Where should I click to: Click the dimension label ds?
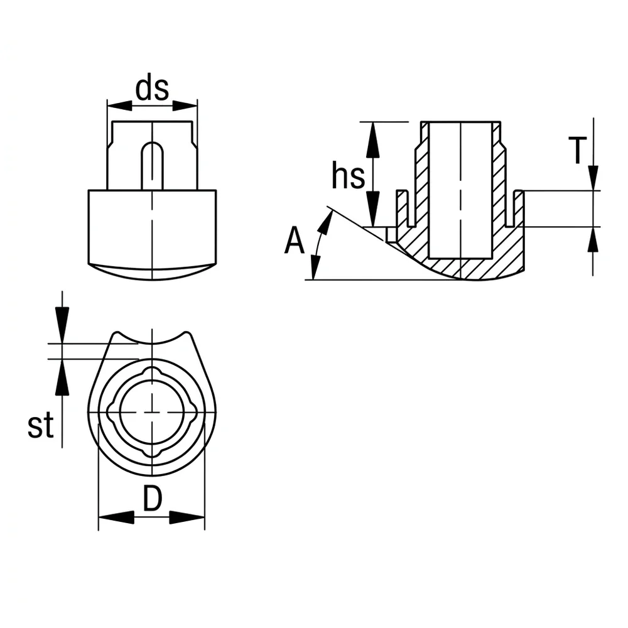tap(152, 88)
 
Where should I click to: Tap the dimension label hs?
tap(348, 175)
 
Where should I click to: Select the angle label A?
tap(295, 240)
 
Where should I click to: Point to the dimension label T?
tap(577, 150)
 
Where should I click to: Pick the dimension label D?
tap(153, 498)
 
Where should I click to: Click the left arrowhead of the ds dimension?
tap(120, 106)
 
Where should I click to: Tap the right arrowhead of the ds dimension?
tap(185, 106)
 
